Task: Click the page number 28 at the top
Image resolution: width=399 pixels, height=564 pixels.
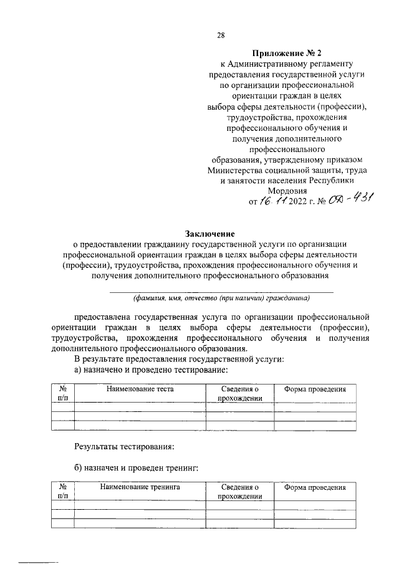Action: coord(221,35)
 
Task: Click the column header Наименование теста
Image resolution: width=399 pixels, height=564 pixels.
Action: coord(140,389)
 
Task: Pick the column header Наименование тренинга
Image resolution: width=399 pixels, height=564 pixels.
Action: coord(140,487)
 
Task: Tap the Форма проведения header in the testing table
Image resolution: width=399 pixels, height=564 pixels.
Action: coord(314,389)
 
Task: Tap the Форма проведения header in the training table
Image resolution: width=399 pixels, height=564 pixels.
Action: coord(314,487)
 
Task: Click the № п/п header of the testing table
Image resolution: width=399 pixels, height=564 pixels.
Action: coord(62,393)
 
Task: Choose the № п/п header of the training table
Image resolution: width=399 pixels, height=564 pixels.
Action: coord(62,492)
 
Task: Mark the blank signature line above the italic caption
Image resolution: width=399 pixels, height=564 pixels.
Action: coord(222,291)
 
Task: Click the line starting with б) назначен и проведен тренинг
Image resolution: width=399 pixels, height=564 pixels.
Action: coord(135,468)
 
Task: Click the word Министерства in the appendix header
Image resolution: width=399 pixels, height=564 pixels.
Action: coord(240,170)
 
